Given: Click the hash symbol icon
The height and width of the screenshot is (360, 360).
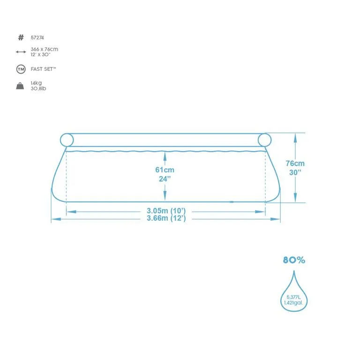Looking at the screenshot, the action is click(21, 37).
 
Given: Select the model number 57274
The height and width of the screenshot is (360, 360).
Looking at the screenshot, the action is click(37, 37).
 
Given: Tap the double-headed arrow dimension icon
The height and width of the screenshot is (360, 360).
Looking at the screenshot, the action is click(21, 52).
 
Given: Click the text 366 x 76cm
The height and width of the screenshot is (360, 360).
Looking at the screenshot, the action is click(45, 49).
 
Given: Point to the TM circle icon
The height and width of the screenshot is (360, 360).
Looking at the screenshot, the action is click(21, 69).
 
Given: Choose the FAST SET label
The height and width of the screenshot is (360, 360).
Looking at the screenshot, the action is click(43, 69).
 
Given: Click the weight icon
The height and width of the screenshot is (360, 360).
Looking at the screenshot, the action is click(20, 86).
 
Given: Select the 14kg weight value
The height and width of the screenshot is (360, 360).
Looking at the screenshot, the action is click(36, 83).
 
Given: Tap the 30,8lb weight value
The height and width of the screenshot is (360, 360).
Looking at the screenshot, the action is click(38, 88).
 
